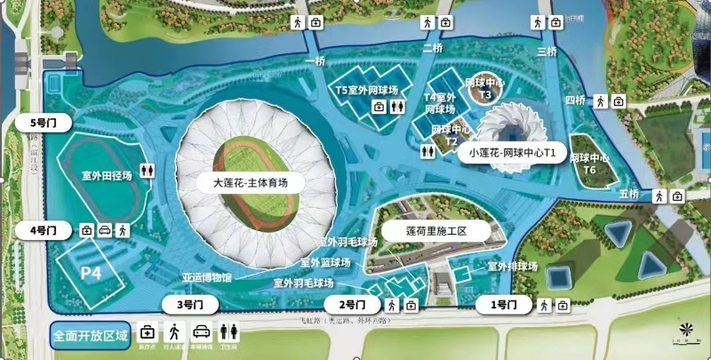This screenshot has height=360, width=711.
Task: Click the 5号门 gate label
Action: pyautogui.click(x=42, y=123)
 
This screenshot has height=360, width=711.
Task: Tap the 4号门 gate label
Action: pyautogui.click(x=42, y=230)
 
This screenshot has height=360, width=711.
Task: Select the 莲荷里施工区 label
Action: pyautogui.click(x=436, y=229)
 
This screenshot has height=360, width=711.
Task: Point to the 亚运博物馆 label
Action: pyautogui.click(x=207, y=277)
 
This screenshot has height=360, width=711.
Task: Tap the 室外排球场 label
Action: pyautogui.click(x=512, y=266)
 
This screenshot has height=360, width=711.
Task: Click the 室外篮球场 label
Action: pyautogui.click(x=325, y=263)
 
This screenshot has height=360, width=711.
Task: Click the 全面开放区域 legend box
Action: pyautogui.click(x=91, y=336)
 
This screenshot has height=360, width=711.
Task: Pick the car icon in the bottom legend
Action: pyautogui.click(x=201, y=332)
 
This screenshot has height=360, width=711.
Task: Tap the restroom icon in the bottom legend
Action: pyautogui.click(x=230, y=332)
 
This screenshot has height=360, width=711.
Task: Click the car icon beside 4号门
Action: pyautogui.click(x=105, y=230)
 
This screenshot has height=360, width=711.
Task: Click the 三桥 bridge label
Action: pyautogui.click(x=547, y=52)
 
